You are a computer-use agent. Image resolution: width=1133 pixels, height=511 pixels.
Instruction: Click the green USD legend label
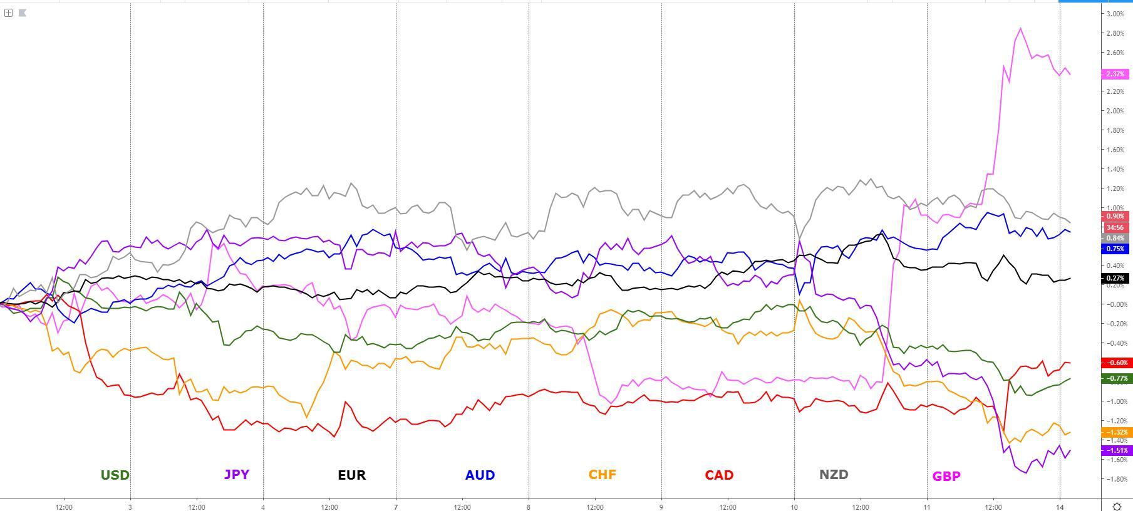pyautogui.click(x=115, y=475)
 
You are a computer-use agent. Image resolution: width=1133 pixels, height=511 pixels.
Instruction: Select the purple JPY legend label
pyautogui.click(x=237, y=475)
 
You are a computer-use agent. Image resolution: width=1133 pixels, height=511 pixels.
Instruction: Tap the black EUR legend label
pyautogui.click(x=351, y=475)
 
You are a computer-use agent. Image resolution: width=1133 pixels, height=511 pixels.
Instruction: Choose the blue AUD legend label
pyautogui.click(x=480, y=475)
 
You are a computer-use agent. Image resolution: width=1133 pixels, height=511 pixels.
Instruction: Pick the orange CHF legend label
pyautogui.click(x=602, y=475)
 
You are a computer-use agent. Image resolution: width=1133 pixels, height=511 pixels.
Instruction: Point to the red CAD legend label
pyautogui.click(x=719, y=475)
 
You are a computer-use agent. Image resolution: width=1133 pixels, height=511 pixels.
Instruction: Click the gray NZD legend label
pyautogui.click(x=834, y=475)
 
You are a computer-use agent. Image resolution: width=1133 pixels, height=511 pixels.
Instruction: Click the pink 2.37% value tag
pyautogui.click(x=1115, y=74)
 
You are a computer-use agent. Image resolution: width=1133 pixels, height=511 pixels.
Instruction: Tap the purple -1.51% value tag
pyautogui.click(x=1115, y=450)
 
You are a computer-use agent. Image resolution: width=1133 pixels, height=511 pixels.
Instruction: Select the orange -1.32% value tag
pyautogui.click(x=1115, y=432)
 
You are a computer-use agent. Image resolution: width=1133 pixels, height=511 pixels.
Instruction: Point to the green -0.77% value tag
pyautogui.click(x=1115, y=378)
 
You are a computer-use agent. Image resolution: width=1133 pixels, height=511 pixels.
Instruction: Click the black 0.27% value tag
pyautogui.click(x=1115, y=278)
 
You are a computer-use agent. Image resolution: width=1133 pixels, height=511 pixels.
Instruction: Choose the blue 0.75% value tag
pyautogui.click(x=1115, y=249)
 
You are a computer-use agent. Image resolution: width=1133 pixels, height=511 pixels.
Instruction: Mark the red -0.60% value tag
pyautogui.click(x=1115, y=363)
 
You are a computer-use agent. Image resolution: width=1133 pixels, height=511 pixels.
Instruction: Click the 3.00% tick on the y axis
pyautogui.click(x=1115, y=14)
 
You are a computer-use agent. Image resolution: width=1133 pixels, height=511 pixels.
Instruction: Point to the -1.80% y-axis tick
pyautogui.click(x=1115, y=479)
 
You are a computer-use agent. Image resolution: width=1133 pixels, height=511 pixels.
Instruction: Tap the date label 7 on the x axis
pyautogui.click(x=396, y=507)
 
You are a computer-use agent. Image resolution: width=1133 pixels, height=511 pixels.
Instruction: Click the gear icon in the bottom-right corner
pyautogui.click(x=1117, y=506)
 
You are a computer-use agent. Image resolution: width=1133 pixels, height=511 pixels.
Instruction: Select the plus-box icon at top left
pyautogui.click(x=9, y=13)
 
